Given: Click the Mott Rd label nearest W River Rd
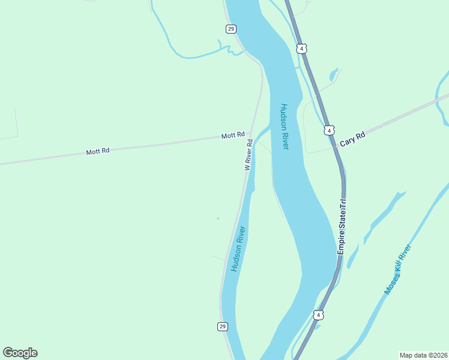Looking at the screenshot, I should (x=233, y=136).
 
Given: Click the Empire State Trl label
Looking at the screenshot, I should (x=342, y=229).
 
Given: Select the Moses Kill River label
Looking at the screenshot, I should (x=397, y=269).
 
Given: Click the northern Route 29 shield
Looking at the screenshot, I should (x=231, y=29).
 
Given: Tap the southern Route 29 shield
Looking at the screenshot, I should (x=222, y=326).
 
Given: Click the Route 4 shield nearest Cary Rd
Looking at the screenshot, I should (x=328, y=130).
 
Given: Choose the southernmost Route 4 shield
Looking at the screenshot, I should (x=318, y=314).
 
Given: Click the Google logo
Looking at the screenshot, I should (x=20, y=353).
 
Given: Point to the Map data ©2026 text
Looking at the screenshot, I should (x=423, y=355).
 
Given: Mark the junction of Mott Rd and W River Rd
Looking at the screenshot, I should (x=250, y=134).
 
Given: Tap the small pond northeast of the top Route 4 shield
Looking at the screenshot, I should (x=333, y=75).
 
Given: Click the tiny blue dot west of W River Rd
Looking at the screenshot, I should (x=218, y=218).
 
